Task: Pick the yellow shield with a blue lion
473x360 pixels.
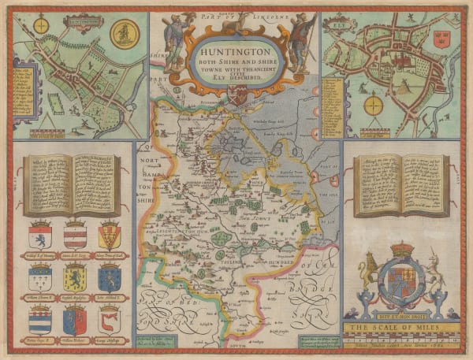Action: point(75,278)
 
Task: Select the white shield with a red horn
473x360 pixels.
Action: point(110,319)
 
